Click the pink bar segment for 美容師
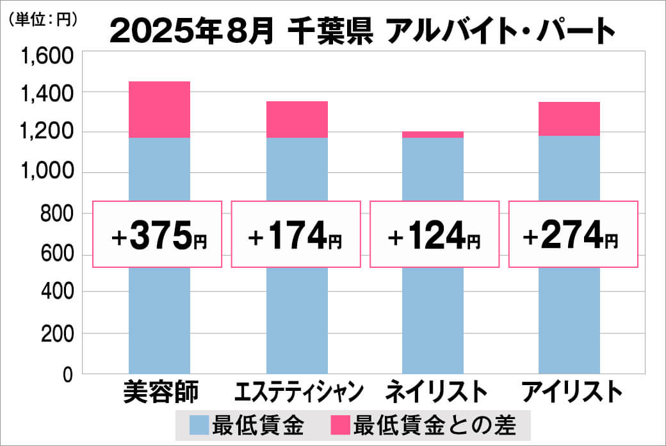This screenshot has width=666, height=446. coord(159,110)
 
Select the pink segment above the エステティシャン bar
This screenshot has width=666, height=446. coord(296,119)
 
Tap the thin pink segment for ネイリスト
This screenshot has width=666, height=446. coord(433,135)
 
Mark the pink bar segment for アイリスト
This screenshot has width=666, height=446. coord(569,119)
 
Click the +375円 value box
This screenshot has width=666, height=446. coord(158,235)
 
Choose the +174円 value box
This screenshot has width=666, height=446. coord(295,235)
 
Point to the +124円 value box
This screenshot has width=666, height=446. coord(434,235)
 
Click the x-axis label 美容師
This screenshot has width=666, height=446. coord(161,392)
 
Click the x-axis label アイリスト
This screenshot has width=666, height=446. coord(572,392)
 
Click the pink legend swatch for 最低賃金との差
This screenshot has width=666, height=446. coord(340,424)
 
